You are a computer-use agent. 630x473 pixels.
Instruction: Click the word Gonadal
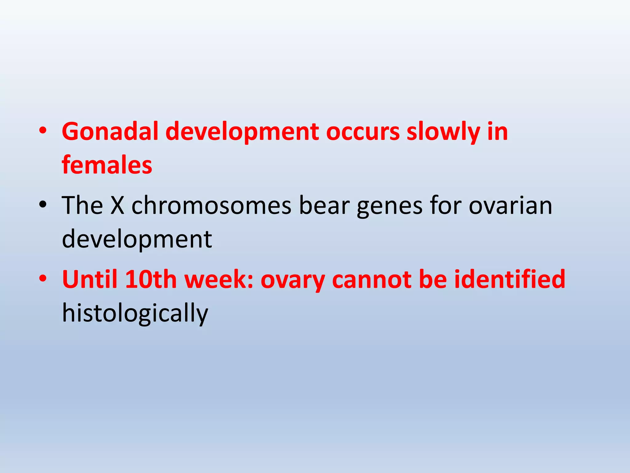click(110, 132)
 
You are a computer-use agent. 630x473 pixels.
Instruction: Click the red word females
click(107, 165)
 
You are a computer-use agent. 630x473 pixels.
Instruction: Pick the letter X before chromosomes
click(117, 206)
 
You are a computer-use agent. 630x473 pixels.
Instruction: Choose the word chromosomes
click(211, 206)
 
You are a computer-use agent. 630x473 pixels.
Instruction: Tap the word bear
click(324, 206)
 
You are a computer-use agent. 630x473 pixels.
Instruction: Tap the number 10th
click(151, 280)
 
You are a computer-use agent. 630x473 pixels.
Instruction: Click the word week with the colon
click(218, 280)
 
